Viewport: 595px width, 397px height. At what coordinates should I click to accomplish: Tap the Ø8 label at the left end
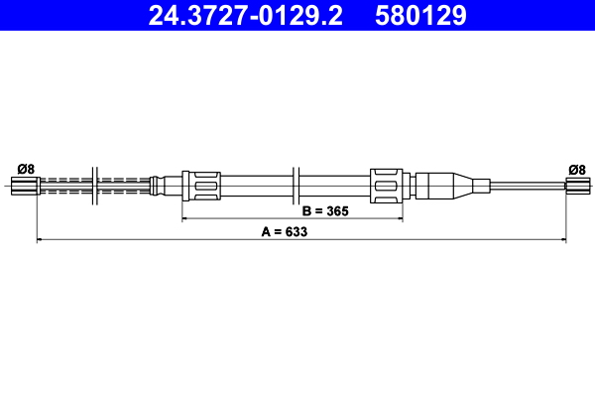pos(26,169)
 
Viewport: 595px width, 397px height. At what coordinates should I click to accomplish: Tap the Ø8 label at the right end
pos(576,169)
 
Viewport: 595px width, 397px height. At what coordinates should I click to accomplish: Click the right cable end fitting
pos(577,185)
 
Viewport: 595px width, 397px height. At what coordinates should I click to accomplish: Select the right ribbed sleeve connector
pos(387,185)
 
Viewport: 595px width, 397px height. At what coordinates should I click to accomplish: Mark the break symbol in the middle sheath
pos(297,185)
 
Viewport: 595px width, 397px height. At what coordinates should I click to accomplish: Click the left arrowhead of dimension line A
pos(40,239)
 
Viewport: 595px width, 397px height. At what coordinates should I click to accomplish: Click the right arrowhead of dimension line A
pos(562,239)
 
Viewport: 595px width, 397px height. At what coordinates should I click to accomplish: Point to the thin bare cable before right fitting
pos(526,185)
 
